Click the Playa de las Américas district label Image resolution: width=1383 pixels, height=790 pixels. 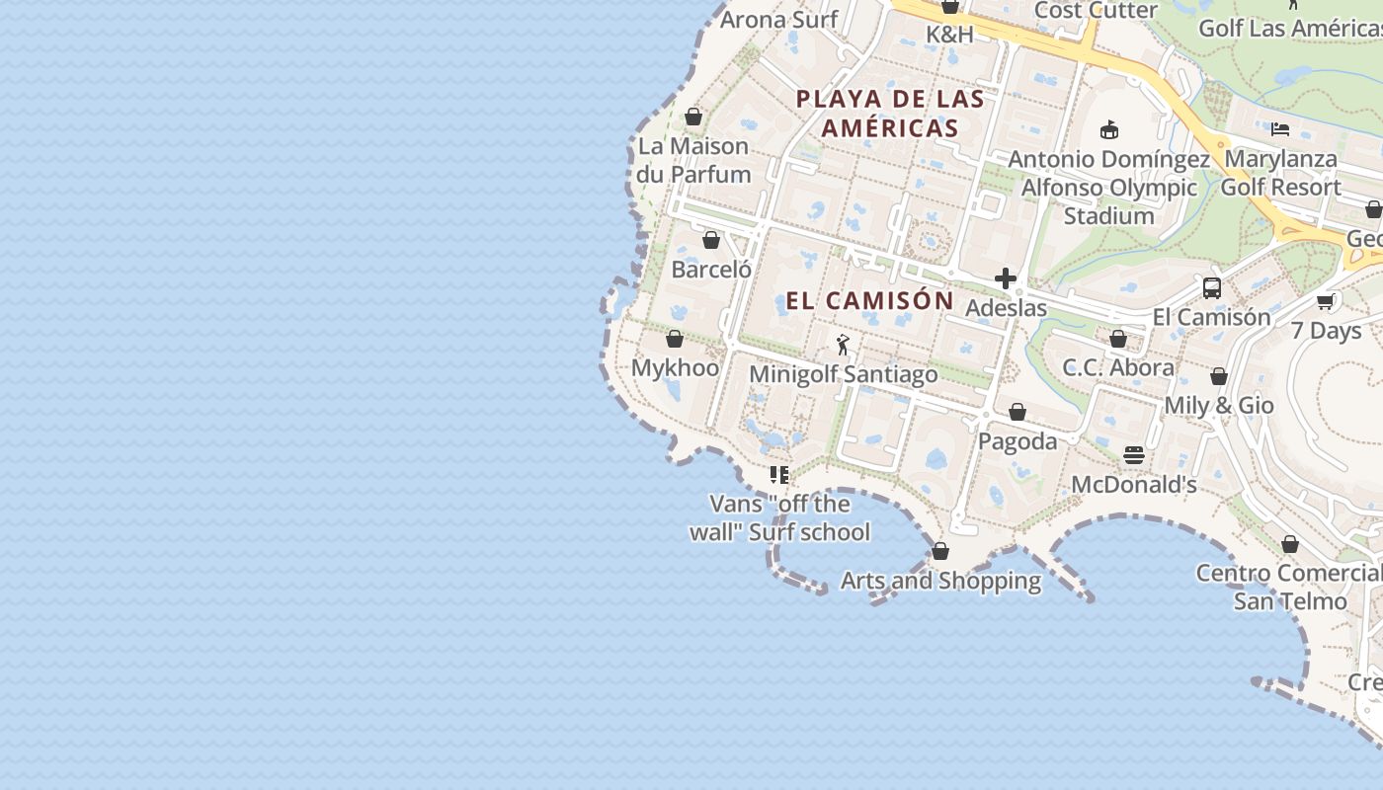890,113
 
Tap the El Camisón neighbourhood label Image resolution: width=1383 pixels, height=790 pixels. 870,300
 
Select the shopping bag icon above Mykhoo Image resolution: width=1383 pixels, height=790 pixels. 675,340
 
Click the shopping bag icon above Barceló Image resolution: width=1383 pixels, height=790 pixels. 711,240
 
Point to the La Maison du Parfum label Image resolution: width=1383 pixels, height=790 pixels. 693,160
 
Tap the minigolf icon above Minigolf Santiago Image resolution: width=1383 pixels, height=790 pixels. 843,345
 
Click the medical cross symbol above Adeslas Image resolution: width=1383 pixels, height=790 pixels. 1006,279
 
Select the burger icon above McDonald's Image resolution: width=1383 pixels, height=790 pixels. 1134,455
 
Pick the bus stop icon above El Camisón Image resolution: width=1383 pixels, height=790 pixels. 1212,288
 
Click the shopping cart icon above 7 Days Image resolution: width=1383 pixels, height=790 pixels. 1326,301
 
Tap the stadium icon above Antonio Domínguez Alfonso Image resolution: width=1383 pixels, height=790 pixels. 1109,129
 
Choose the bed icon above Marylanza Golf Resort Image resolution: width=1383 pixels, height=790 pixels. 1280,129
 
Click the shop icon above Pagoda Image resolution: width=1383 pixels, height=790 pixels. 1017,412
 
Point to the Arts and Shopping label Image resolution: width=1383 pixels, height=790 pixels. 940,581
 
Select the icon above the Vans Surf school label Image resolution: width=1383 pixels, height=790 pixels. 779,475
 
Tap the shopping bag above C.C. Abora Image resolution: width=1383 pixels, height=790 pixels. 1118,340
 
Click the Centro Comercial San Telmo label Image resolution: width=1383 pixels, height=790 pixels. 1290,587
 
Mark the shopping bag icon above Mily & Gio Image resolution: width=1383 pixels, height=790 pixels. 1219,377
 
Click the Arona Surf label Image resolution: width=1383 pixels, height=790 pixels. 778,19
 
